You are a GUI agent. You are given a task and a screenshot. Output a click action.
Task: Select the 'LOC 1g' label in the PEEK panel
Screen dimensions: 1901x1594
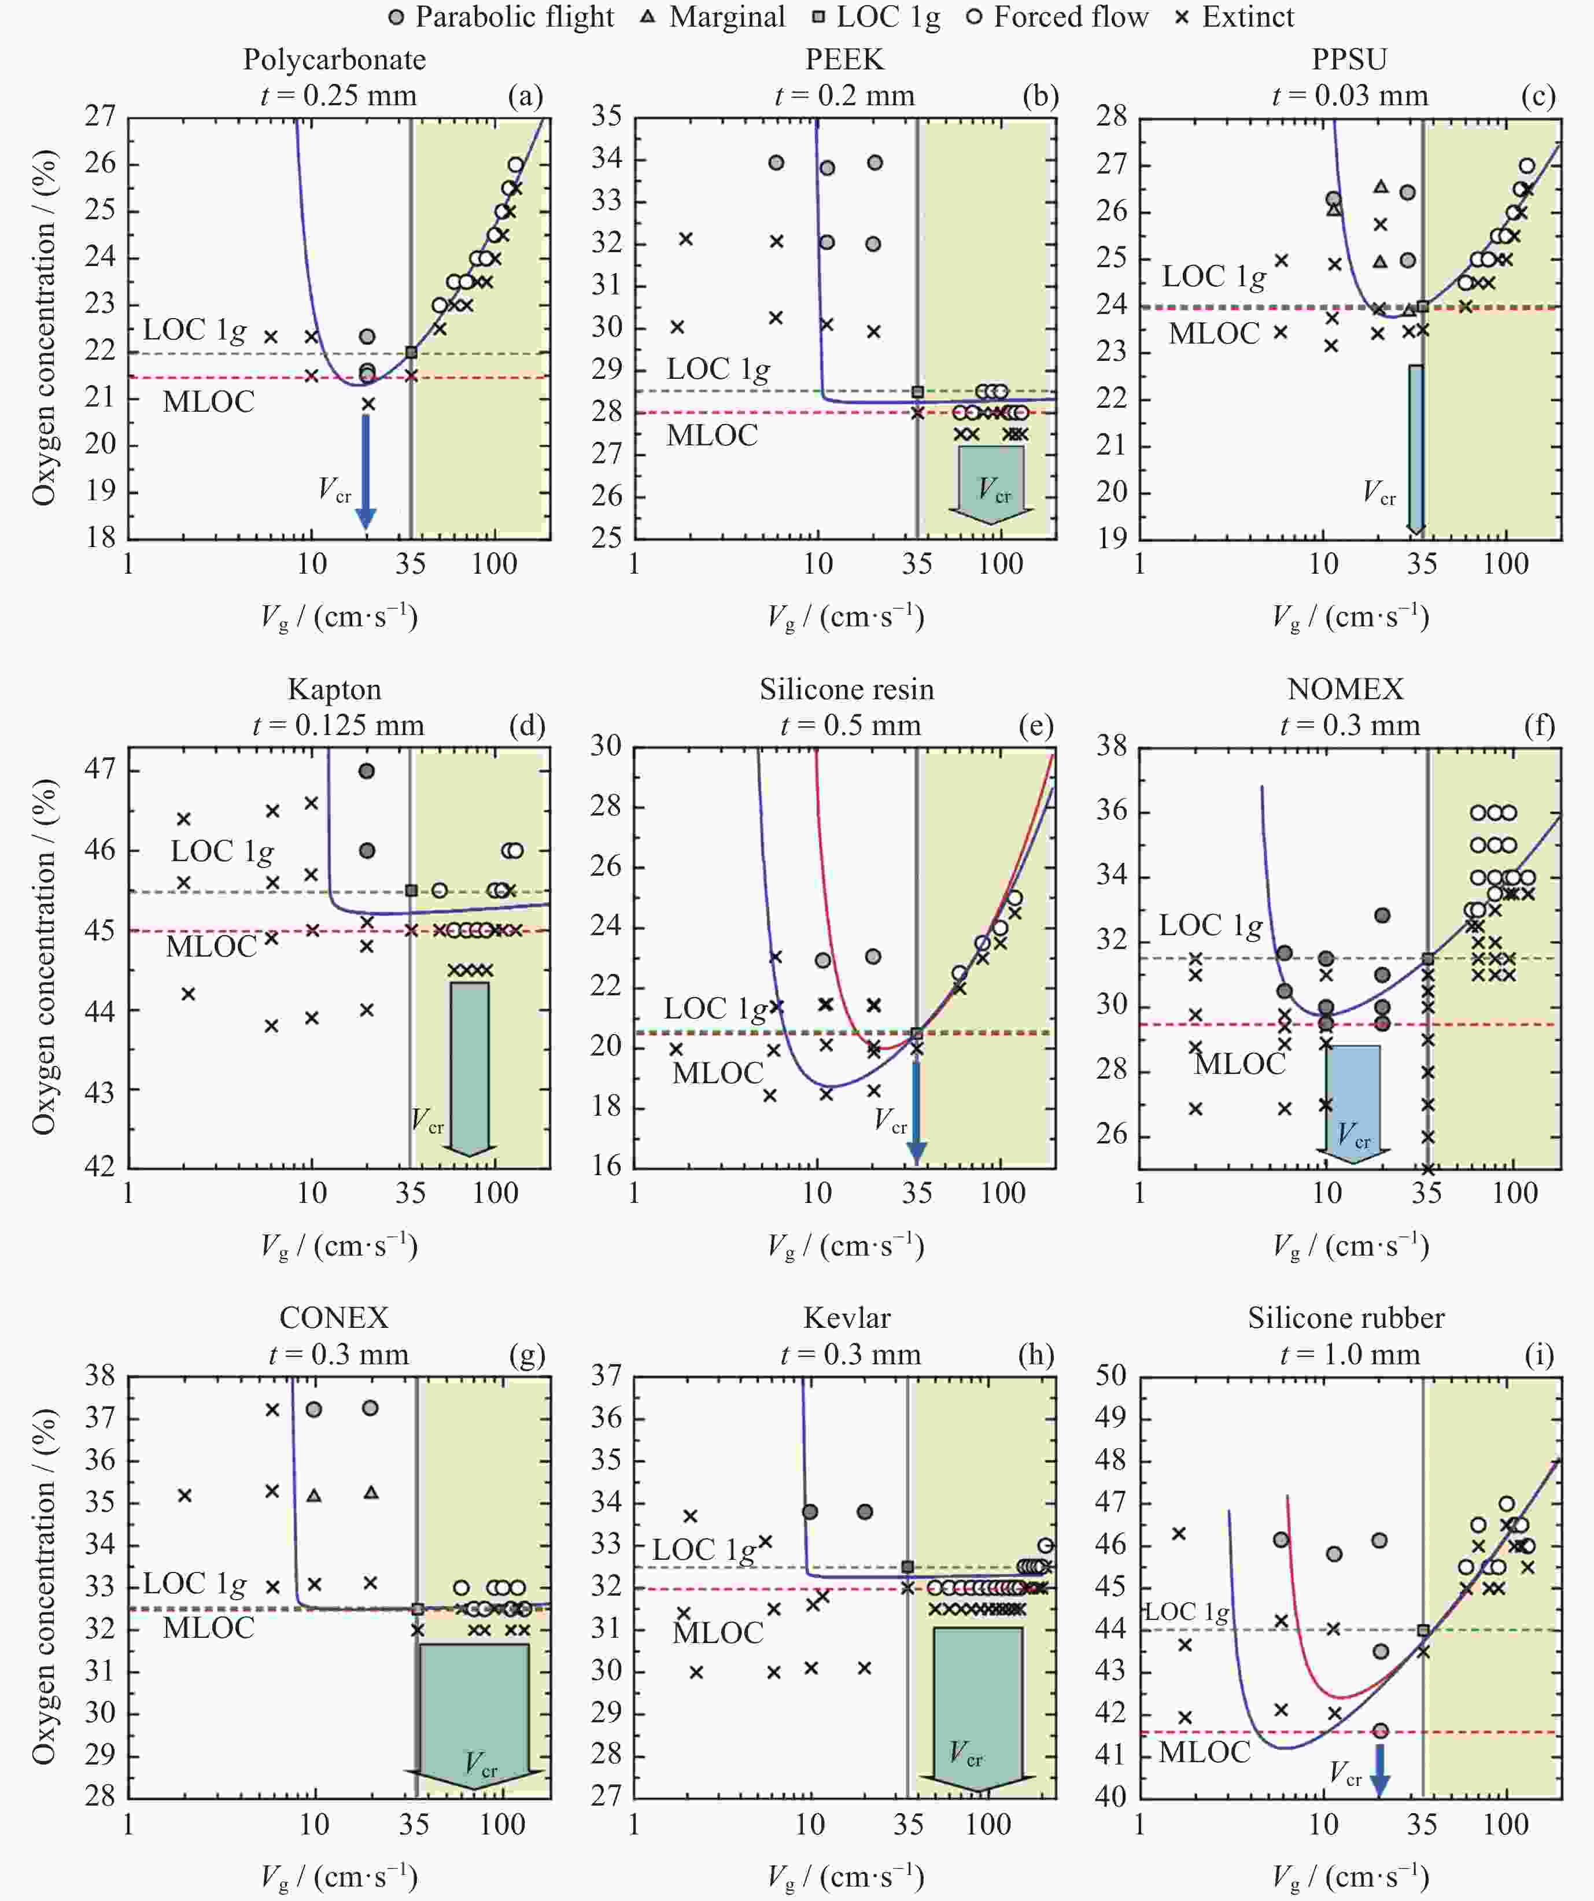(718, 370)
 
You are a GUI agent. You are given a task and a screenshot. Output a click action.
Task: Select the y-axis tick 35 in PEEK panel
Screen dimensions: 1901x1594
(607, 117)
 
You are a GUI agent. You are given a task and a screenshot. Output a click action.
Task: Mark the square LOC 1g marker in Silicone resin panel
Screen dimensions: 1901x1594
(917, 1033)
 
